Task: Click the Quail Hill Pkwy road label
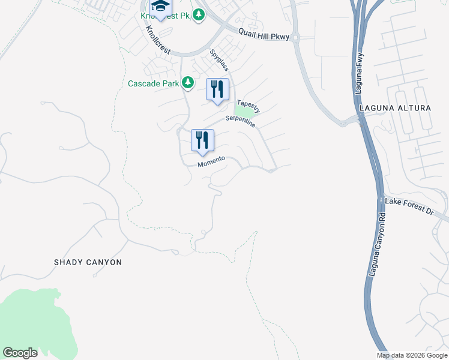pos(264,37)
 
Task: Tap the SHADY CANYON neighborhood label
pos(88,262)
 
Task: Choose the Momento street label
pos(211,161)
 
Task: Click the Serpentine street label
pos(241,121)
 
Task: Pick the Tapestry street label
pos(249,107)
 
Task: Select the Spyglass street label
pos(218,61)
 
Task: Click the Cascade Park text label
pos(154,83)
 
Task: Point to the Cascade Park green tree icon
pos(188,82)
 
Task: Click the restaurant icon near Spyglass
pos(217,89)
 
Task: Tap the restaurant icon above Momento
pos(202,140)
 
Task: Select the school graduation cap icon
pos(160,7)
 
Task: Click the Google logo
pos(20,353)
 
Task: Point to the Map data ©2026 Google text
pos(412,355)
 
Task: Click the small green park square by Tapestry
pos(244,112)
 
